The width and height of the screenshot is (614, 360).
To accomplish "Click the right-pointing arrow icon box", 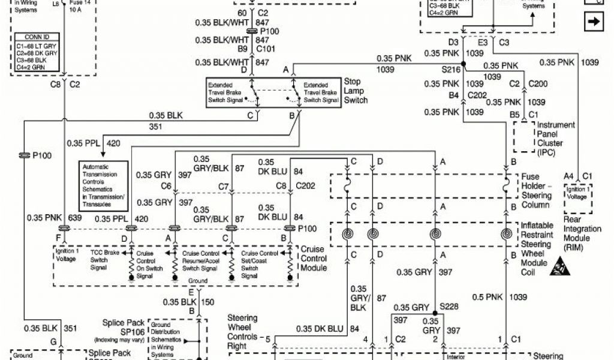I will point(594,22).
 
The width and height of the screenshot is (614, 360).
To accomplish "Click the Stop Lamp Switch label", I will point(355,91).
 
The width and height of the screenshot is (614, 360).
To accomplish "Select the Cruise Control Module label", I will point(314,258).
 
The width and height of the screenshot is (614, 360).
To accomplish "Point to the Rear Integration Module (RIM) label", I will point(579,234).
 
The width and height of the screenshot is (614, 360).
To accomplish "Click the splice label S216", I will point(450,70).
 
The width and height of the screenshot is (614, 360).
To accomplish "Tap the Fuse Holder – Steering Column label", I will point(536,191).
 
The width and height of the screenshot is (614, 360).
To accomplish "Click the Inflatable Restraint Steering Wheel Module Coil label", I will point(536,248).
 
